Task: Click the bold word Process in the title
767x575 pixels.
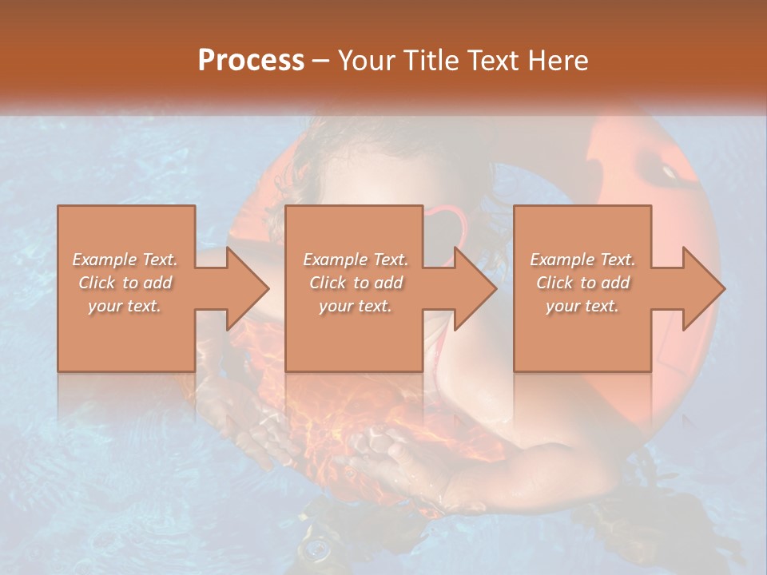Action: point(251,61)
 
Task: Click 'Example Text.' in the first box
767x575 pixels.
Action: point(125,260)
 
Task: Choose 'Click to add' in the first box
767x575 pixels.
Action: point(125,283)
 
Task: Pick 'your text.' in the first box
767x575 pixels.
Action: point(125,306)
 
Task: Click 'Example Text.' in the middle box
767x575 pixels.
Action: point(356,260)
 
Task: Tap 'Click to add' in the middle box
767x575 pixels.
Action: point(356,283)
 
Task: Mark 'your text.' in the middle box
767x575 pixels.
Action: point(356,306)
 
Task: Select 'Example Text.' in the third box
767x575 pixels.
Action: point(582,260)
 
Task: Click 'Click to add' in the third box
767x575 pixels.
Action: point(582,283)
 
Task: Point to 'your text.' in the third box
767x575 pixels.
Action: point(582,306)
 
